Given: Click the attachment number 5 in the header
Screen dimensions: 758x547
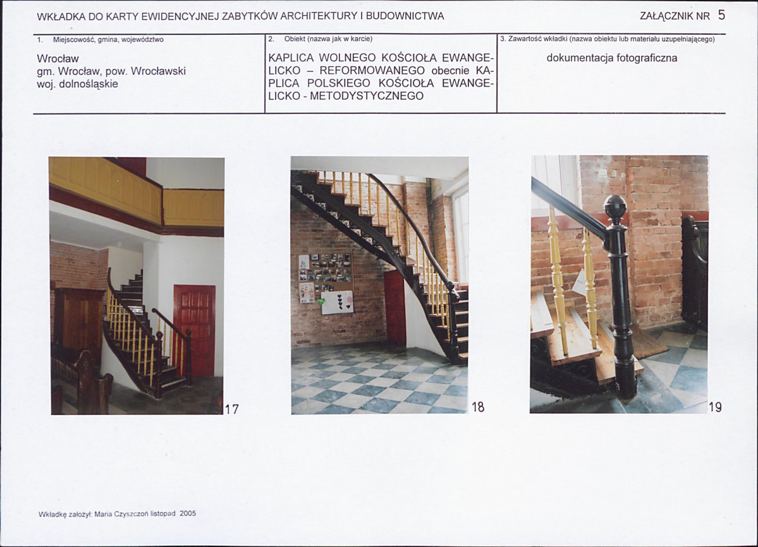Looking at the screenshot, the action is pos(721,15).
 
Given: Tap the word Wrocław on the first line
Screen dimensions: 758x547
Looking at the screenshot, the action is pos(58,59).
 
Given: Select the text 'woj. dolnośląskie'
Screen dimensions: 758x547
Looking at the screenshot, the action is pos(77,84).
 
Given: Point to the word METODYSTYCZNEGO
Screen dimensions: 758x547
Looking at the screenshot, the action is pos(367,96).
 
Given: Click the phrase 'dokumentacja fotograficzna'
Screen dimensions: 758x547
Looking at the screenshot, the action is pos(611,58).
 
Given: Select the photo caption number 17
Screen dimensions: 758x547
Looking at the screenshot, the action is pos(232,409).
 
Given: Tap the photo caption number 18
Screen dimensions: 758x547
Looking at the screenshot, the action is pos(477,407).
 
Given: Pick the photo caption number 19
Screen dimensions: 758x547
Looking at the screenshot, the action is pos(715,407).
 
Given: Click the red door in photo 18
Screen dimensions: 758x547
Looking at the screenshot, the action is pos(395,308).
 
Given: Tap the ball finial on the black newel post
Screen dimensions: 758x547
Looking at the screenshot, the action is pos(615,208).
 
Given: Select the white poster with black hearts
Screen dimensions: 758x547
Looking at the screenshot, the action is pos(337,303).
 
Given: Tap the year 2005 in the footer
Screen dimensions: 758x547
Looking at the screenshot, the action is pos(188,514).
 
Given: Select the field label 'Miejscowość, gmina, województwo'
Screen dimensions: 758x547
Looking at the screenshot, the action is pos(108,40).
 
